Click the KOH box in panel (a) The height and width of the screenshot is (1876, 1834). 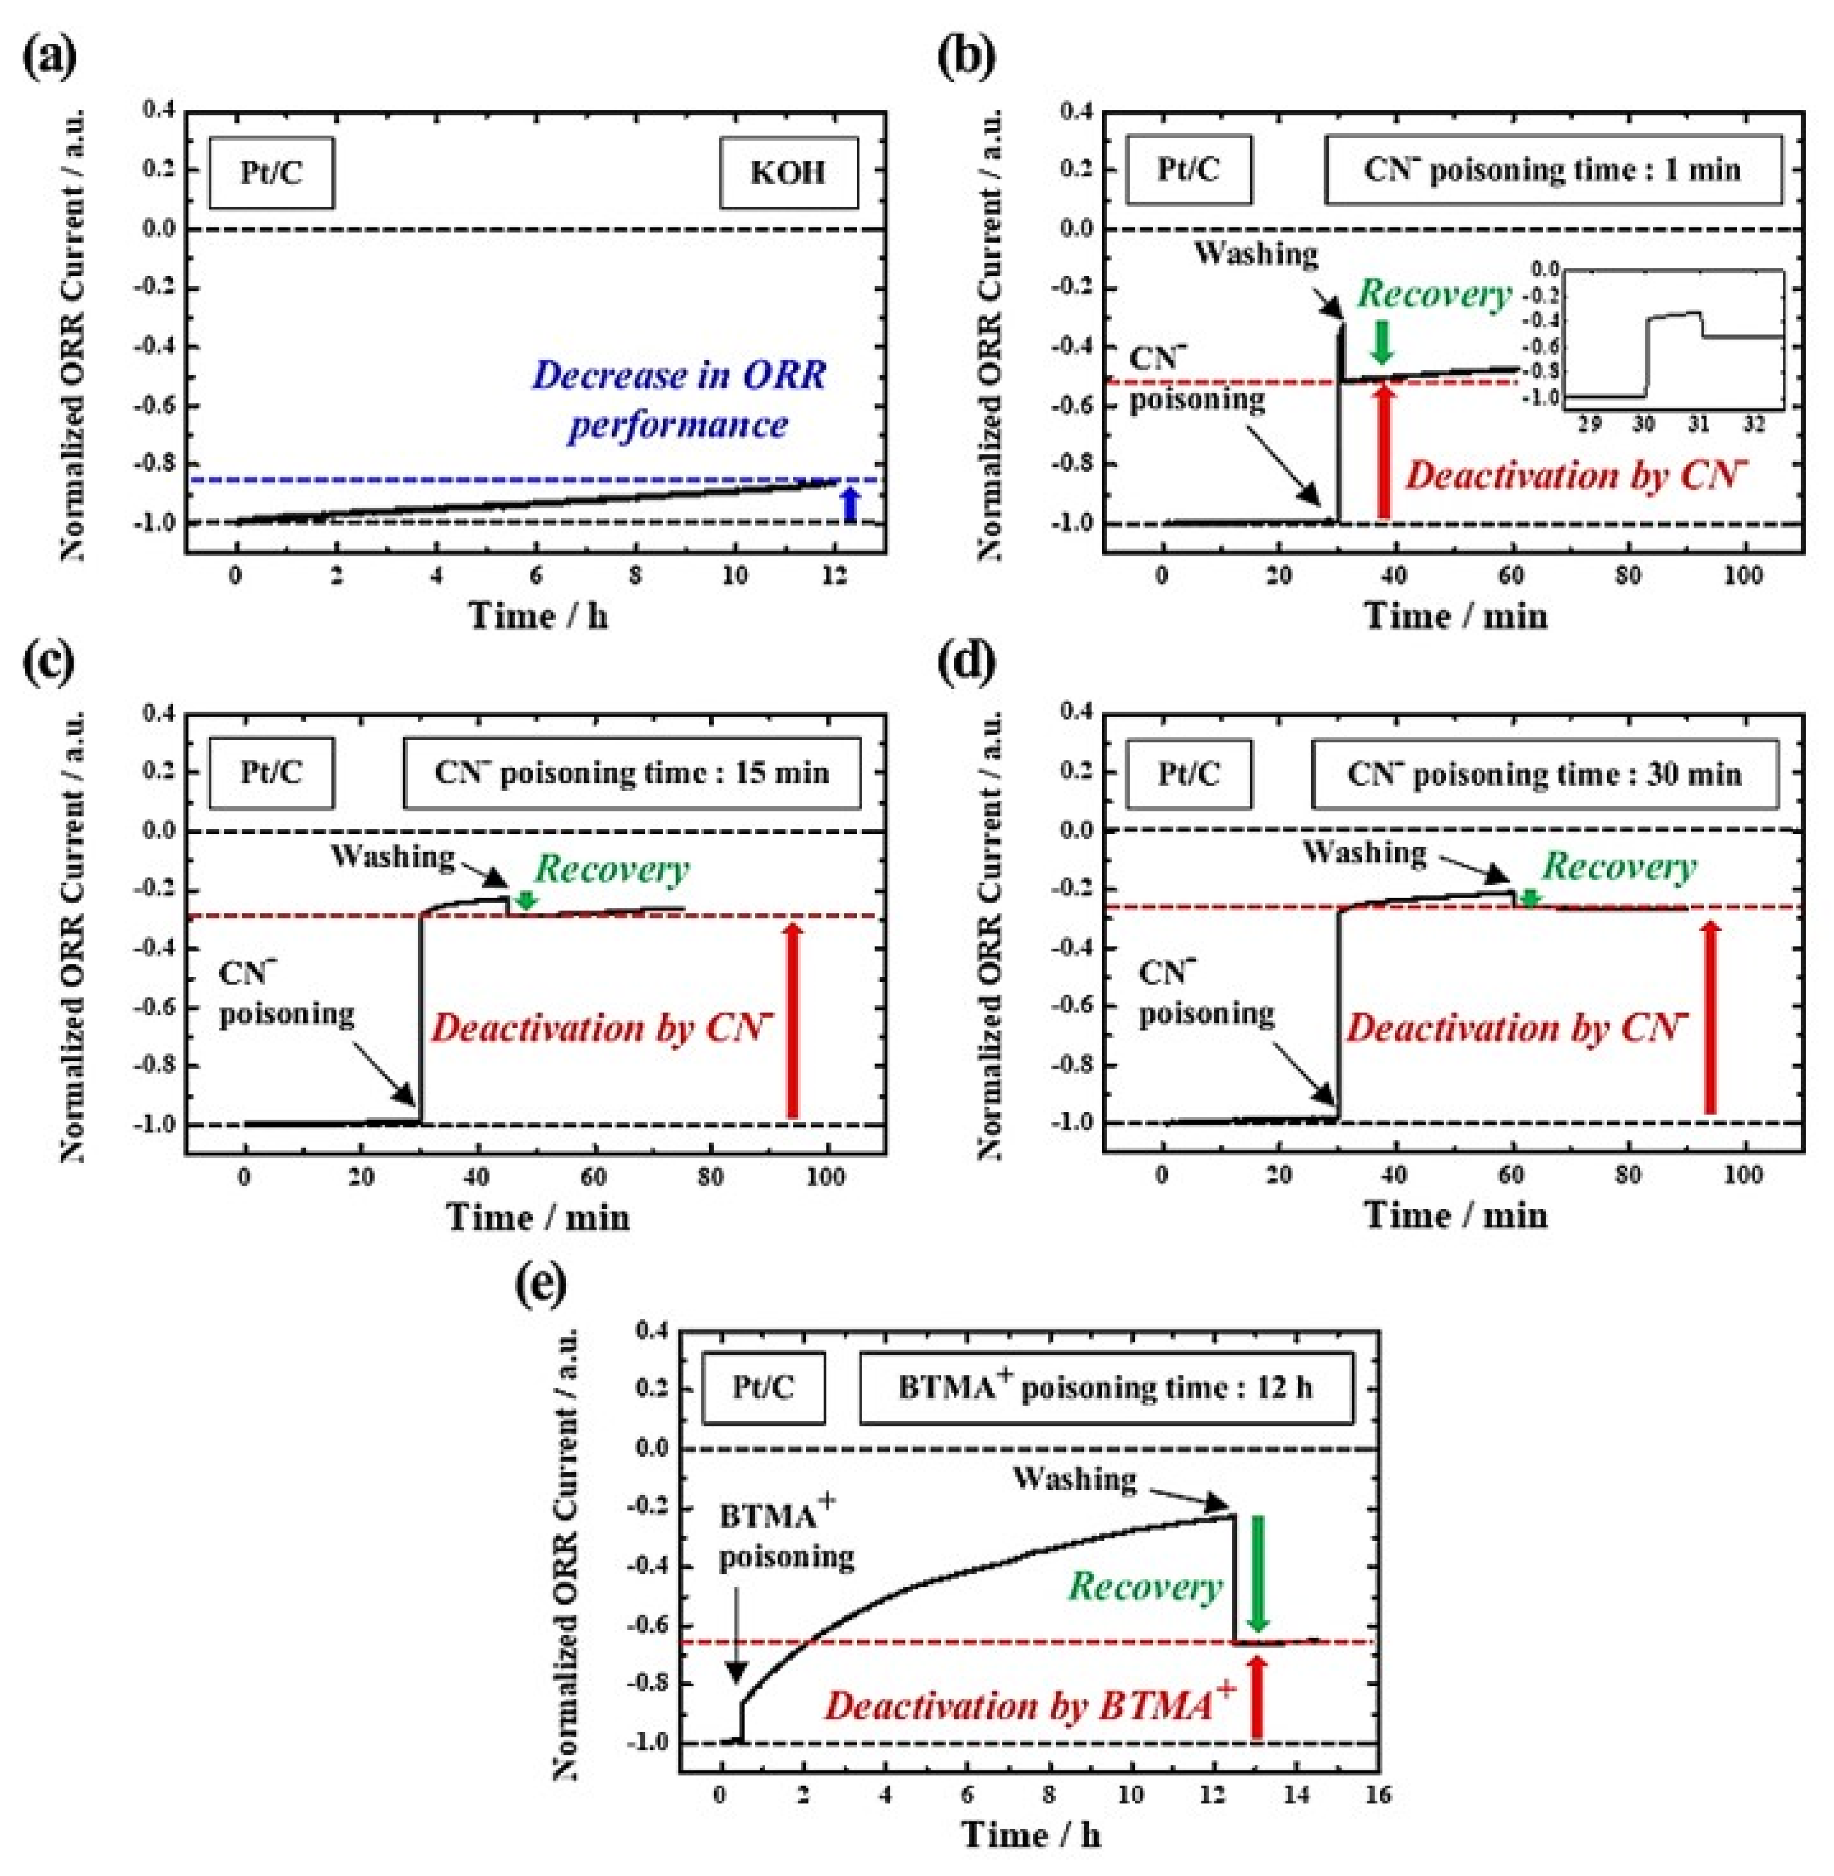pyautogui.click(x=788, y=173)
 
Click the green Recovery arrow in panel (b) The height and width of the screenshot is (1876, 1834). pyautogui.click(x=1382, y=342)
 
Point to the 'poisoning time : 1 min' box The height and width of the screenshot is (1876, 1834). pyautogui.click(x=1552, y=171)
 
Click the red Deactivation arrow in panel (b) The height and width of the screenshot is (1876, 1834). pyautogui.click(x=1384, y=451)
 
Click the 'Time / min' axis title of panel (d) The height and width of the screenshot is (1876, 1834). pyautogui.click(x=1456, y=1216)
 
